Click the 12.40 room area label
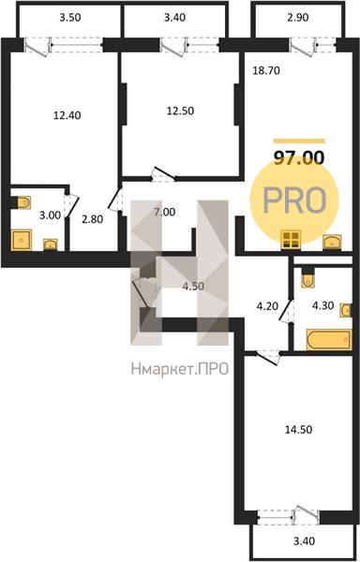(67, 115)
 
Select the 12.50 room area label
(180, 111)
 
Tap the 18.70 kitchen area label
(266, 70)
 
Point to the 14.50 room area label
(298, 429)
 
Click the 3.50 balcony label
(70, 18)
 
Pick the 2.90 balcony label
(298, 18)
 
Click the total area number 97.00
(299, 157)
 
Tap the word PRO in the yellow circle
(294, 200)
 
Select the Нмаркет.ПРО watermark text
(180, 369)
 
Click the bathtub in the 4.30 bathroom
(328, 339)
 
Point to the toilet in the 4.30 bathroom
(308, 279)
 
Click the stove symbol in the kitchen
(291, 240)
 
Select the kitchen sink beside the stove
(332, 242)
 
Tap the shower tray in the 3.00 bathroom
(22, 240)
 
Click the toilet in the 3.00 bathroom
(22, 202)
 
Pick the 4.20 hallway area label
(267, 306)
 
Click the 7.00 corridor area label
(165, 212)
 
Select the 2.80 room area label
(93, 219)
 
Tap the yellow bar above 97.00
(299, 141)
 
